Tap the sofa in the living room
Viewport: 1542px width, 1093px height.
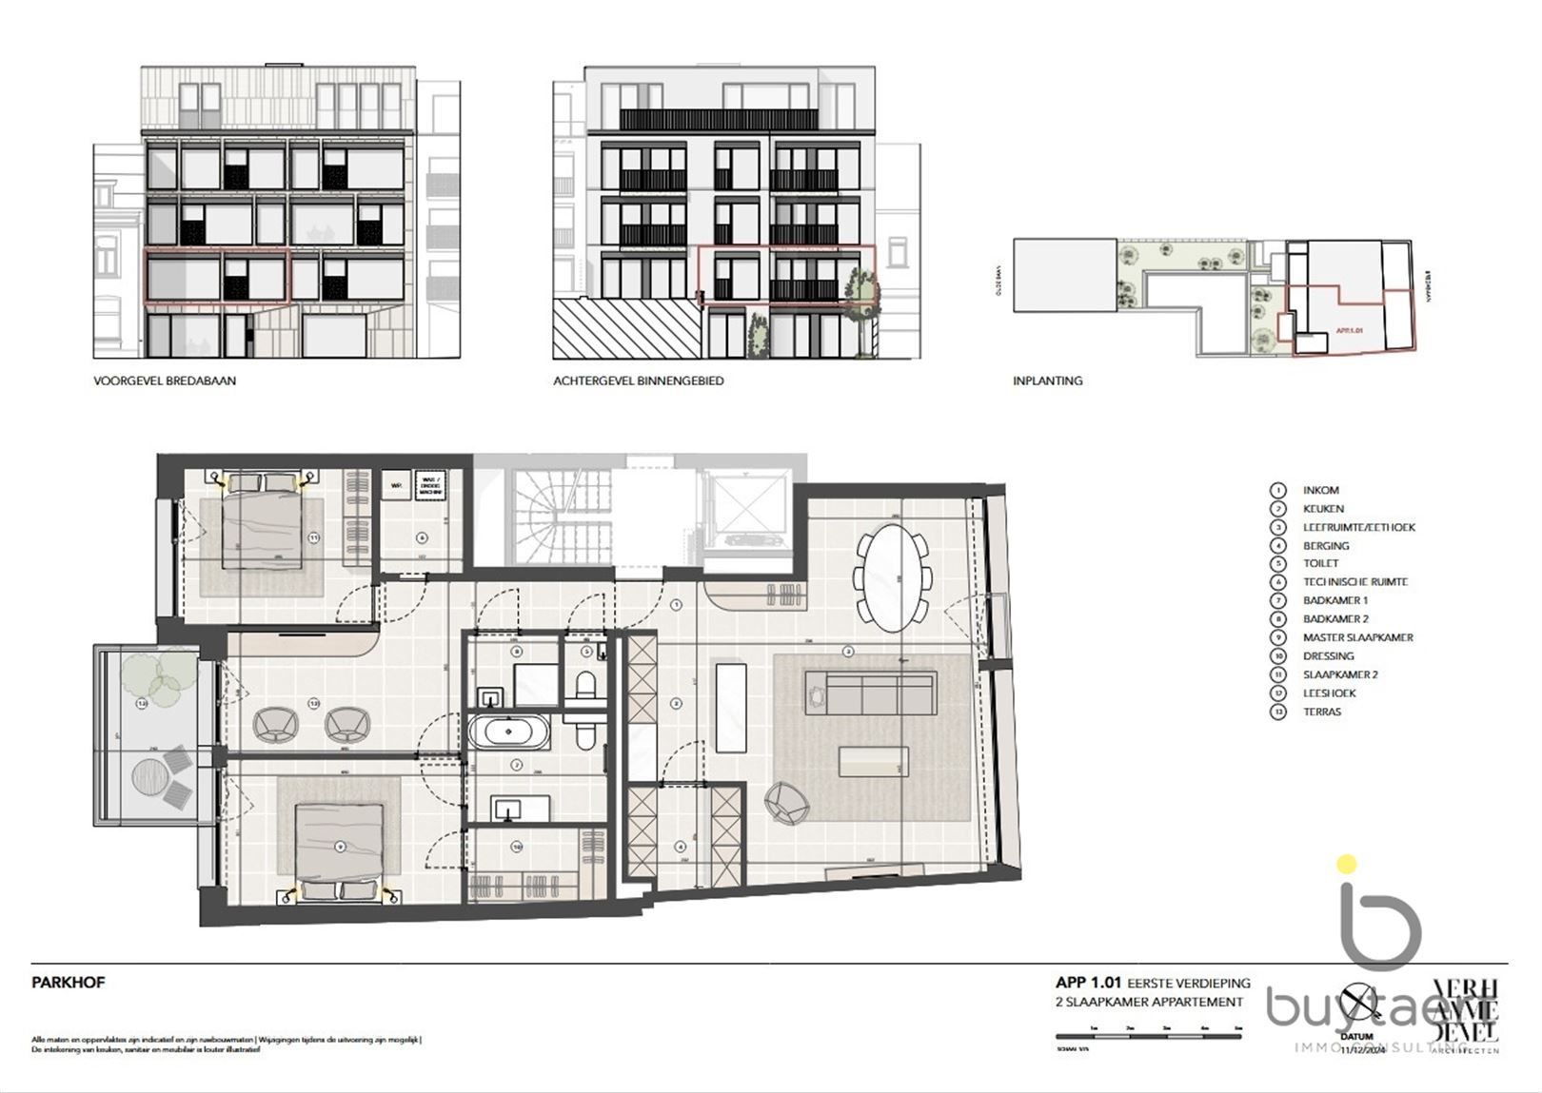869,692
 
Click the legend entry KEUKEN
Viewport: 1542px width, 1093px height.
1323,509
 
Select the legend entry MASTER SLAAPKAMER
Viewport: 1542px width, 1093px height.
1357,637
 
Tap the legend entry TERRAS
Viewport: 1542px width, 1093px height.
1322,712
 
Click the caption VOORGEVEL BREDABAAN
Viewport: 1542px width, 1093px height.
165,381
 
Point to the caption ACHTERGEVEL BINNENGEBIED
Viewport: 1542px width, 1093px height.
638,381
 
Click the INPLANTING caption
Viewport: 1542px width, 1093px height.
1047,381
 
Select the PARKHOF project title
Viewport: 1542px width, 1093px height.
68,983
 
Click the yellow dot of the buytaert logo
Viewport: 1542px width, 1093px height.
1346,865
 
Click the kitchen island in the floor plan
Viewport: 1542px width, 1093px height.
730,704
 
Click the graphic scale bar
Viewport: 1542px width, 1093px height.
1150,1035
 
